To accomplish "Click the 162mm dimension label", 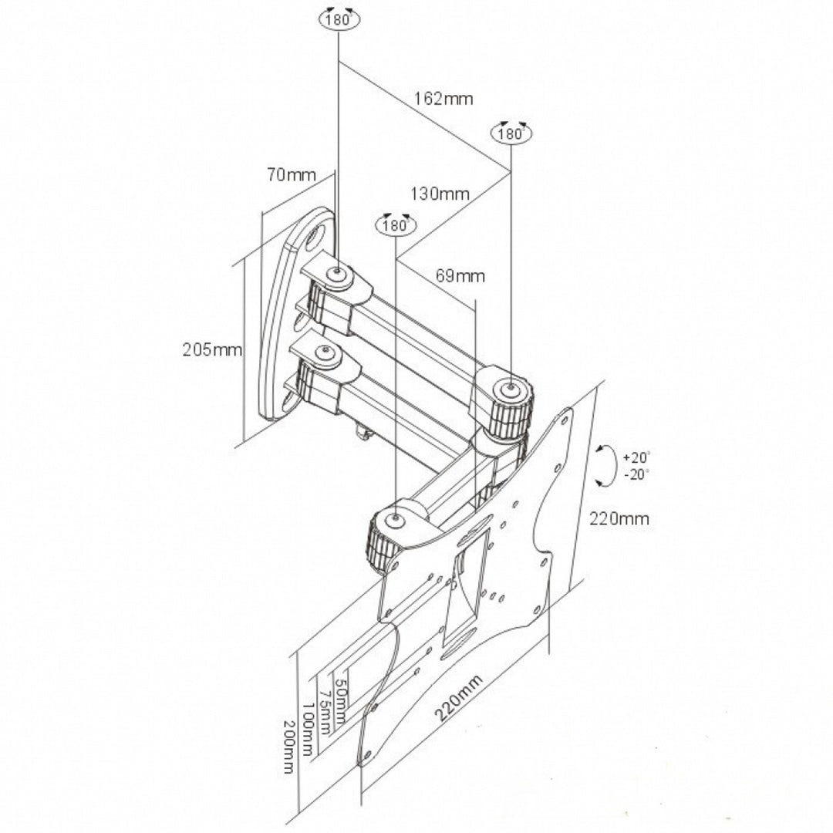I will pyautogui.click(x=443, y=99).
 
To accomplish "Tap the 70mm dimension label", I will pyautogui.click(x=292, y=175).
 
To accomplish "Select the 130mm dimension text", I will pyautogui.click(x=440, y=194).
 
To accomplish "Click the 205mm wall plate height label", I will pyautogui.click(x=212, y=350).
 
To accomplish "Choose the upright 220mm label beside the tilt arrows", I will pyautogui.click(x=619, y=519).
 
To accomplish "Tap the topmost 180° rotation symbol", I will pyautogui.click(x=338, y=19).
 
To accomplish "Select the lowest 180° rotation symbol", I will pyautogui.click(x=395, y=224).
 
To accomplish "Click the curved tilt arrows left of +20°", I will pyautogui.click(x=607, y=464).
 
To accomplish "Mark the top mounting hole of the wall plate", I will pyautogui.click(x=316, y=238).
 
